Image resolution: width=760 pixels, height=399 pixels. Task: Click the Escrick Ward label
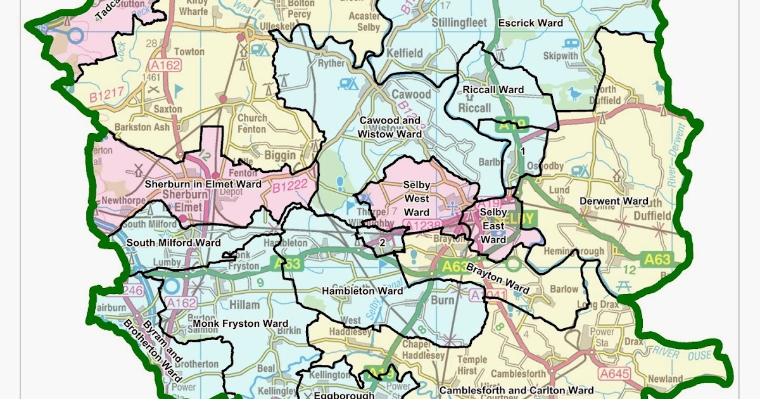pyautogui.click(x=530, y=23)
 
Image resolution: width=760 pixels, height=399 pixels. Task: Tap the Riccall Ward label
pyautogui.click(x=493, y=90)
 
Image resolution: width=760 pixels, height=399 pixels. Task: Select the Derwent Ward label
pyautogui.click(x=614, y=201)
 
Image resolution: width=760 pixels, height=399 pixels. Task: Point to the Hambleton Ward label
pyautogui.click(x=362, y=291)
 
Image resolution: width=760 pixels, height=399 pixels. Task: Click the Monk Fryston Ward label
pyautogui.click(x=240, y=324)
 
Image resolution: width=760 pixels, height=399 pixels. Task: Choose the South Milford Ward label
pyautogui.click(x=174, y=243)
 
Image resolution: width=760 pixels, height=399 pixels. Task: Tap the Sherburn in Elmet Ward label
pyautogui.click(x=203, y=184)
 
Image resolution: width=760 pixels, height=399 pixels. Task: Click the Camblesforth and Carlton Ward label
pyautogui.click(x=516, y=390)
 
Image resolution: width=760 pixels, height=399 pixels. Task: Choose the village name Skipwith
pyautogui.click(x=560, y=56)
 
